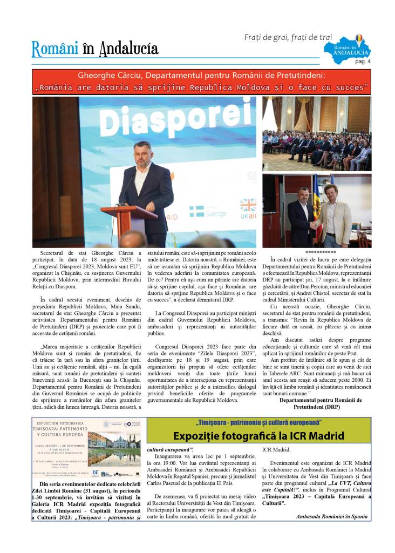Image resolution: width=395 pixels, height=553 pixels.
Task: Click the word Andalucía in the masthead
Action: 128,49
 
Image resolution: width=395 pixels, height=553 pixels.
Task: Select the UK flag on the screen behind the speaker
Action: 248,205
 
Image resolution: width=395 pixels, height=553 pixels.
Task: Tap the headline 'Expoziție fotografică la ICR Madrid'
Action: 258,436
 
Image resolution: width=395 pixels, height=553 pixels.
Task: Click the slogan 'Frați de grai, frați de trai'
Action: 289,37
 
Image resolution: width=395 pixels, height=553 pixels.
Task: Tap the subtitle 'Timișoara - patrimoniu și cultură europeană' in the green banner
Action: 258,422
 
